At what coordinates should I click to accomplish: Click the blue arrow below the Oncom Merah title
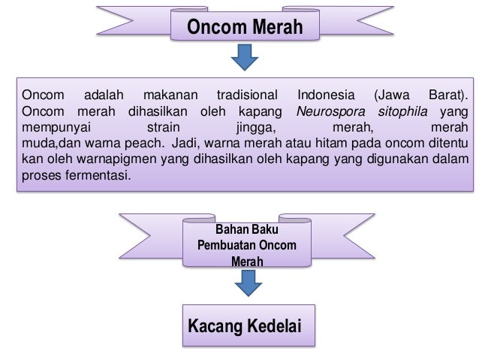tap(244, 56)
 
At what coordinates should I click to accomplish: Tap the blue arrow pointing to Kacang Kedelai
tap(247, 283)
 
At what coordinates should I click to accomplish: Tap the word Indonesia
tap(327, 96)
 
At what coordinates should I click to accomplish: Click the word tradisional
tap(247, 96)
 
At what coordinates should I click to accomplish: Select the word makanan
tap(169, 96)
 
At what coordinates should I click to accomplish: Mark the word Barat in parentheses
tap(446, 96)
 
